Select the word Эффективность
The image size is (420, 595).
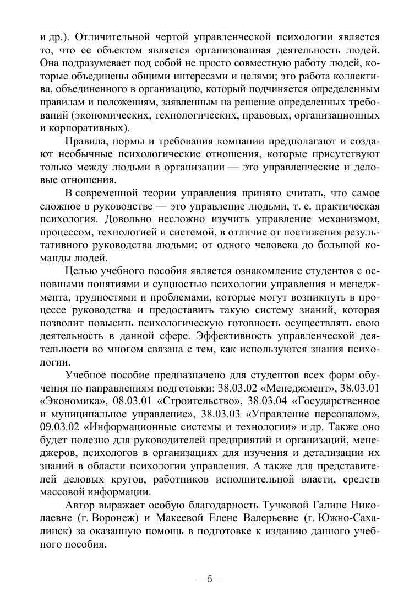tap(238, 336)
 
